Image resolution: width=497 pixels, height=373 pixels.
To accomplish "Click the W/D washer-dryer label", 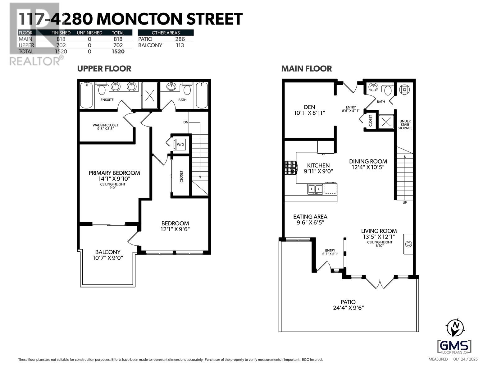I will (180, 145).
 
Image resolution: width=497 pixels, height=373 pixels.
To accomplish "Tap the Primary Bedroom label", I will (114, 173).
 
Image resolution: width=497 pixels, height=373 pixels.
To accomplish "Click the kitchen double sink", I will (315, 189).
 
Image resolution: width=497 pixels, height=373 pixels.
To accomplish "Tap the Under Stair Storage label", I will (405, 125).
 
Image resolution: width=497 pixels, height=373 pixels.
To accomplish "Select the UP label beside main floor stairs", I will (405, 203).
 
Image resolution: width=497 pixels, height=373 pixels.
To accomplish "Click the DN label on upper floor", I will (186, 122).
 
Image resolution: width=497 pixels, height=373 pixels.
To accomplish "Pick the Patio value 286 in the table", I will (180, 39).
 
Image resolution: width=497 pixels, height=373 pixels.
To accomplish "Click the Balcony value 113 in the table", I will (180, 45).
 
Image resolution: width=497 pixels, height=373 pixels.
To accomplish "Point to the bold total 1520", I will (118, 52).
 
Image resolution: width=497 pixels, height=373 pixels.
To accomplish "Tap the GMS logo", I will (454, 346).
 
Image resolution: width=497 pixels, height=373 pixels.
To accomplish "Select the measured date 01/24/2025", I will (465, 359).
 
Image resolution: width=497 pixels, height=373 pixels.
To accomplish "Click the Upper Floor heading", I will (104, 69).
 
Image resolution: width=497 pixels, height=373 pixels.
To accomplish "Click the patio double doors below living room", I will (380, 282).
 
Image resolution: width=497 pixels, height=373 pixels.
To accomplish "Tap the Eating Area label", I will (310, 217).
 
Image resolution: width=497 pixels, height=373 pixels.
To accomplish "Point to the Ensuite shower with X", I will (150, 95).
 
